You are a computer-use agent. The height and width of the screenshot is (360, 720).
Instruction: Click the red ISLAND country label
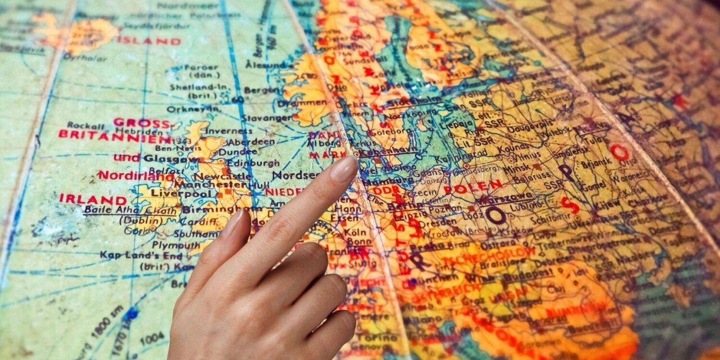pyautogui.click(x=148, y=41)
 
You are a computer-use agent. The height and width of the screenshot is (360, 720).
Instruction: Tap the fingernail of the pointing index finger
pyautogui.click(x=344, y=168)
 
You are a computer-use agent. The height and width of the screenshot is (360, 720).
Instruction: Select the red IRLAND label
pyautogui.click(x=93, y=200)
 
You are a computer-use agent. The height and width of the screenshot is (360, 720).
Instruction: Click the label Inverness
pyautogui.click(x=221, y=131)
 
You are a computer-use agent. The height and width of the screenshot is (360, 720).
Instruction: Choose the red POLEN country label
pyautogui.click(x=472, y=187)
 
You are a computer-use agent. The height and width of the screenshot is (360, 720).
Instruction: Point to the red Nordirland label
pyautogui.click(x=136, y=175)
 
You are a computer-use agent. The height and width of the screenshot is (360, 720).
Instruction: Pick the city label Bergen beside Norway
pyautogui.click(x=262, y=90)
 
